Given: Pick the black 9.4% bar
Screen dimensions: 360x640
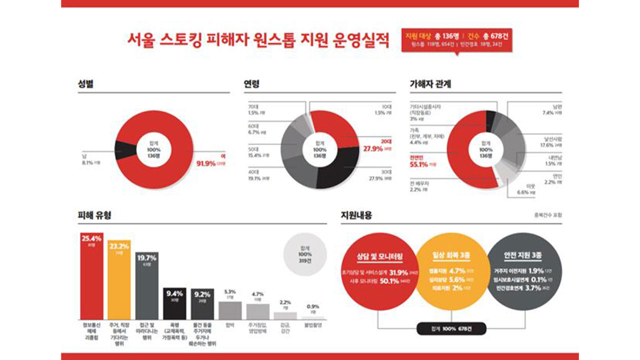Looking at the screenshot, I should coord(174,304).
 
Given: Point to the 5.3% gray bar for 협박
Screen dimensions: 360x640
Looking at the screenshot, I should coord(230,310).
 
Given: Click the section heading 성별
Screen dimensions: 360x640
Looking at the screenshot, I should coord(85,83).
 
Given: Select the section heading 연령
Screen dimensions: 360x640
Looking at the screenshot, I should coord(251,83).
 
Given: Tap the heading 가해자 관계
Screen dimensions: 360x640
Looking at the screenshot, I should coord(430,83).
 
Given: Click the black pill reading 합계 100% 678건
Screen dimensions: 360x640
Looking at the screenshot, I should coord(451,329).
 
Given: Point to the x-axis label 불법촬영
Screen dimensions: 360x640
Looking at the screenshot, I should coord(313,325).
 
